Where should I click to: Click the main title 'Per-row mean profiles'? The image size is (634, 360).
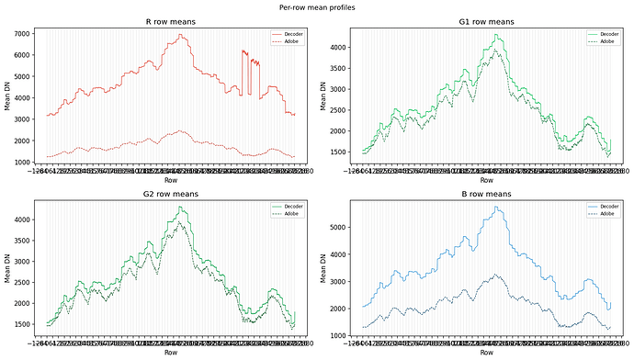(317, 7)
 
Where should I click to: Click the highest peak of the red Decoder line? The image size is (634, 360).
(180, 35)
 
